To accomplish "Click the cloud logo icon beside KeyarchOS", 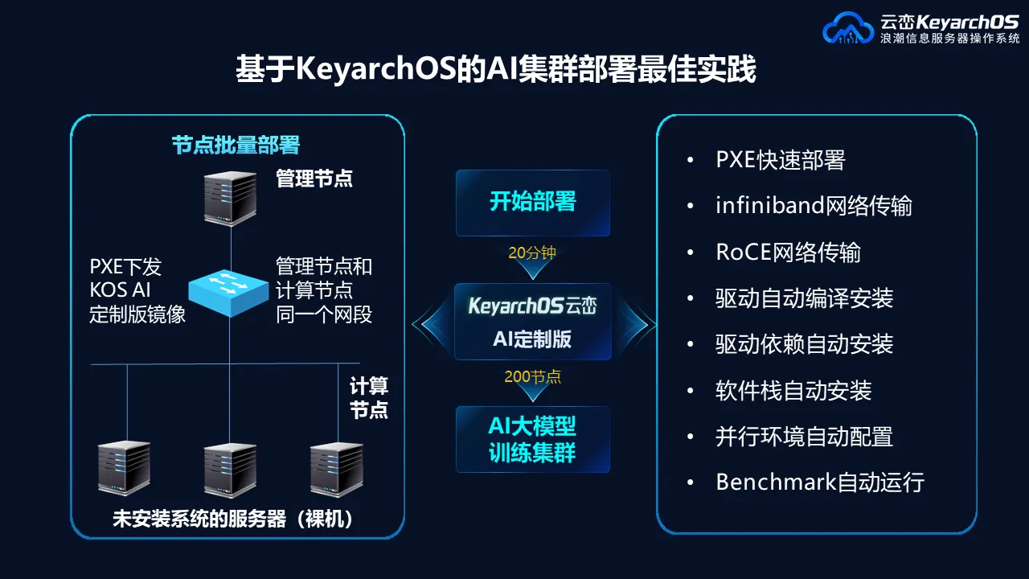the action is tap(848, 28).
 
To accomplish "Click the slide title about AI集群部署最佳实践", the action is tap(496, 69).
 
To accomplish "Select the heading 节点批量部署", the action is tap(236, 146).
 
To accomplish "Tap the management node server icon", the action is tap(230, 199).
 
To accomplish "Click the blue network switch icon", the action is tap(228, 293).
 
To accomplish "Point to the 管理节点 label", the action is tap(314, 179).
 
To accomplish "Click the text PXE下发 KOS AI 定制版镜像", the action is tap(137, 290).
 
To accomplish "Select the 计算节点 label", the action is tap(369, 397).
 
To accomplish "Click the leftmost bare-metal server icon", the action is tap(124, 468).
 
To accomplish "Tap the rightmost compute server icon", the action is tap(337, 470).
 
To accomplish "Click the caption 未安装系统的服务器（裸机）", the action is tap(233, 519).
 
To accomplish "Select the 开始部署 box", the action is tap(533, 203).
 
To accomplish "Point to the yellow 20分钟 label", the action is tap(532, 253).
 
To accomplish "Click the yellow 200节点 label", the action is tap(532, 377).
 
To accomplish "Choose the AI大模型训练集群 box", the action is tap(533, 439).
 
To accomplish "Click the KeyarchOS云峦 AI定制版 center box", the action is tap(533, 322).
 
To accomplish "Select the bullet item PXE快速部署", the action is tap(781, 160).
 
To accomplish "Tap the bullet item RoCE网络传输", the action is tap(789, 253).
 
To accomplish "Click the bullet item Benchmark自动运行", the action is tap(820, 482).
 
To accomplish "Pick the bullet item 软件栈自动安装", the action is tap(793, 391).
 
